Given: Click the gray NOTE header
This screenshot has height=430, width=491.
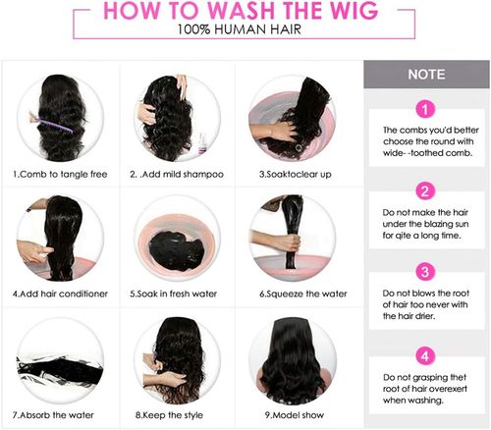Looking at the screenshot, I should click(426, 74).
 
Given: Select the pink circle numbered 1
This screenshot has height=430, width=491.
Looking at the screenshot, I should click(425, 109).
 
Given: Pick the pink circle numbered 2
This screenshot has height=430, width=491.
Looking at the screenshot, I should click(425, 191).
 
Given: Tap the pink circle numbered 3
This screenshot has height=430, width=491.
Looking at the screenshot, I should click(425, 271).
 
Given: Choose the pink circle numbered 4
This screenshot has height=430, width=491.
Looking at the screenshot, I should click(425, 354).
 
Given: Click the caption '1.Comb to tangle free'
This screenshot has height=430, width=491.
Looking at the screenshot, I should click(58, 174).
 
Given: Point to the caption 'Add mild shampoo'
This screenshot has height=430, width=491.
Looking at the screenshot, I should click(181, 174).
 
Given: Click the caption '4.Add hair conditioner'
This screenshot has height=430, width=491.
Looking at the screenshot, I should click(58, 294).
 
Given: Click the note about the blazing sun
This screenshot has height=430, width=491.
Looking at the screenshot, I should click(426, 225).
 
